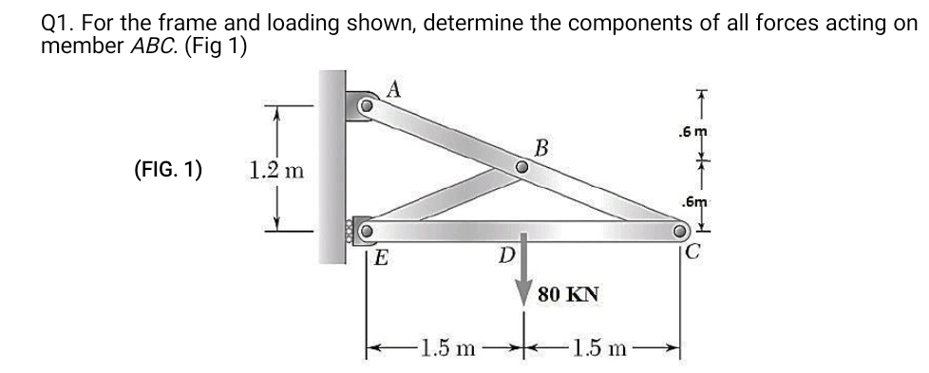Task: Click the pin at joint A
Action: [x=365, y=106]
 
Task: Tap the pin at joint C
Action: [x=680, y=231]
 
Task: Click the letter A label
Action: [x=396, y=89]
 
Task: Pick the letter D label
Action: [x=507, y=254]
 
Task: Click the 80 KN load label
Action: [x=567, y=293]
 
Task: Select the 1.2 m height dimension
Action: [x=275, y=171]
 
